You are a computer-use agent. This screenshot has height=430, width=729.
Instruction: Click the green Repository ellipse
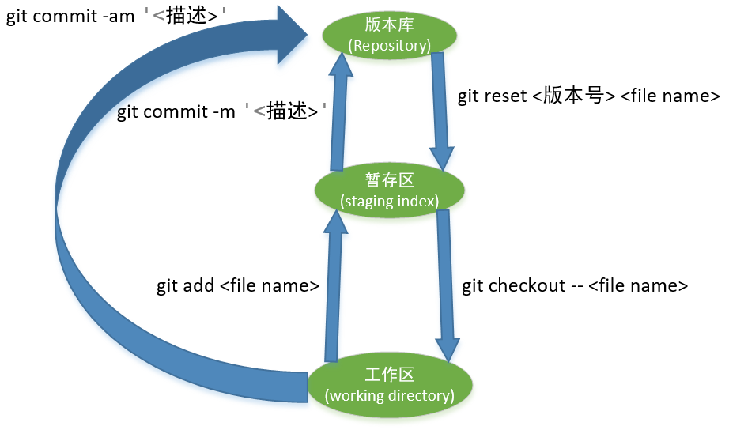tap(390, 36)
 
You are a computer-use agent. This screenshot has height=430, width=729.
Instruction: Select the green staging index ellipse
tap(389, 190)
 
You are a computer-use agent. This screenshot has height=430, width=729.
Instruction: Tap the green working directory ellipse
tap(389, 385)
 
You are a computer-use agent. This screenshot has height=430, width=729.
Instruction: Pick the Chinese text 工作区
tap(390, 375)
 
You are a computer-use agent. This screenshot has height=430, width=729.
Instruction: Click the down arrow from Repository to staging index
tap(440, 111)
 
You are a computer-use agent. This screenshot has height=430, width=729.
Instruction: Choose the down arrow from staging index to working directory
tap(446, 285)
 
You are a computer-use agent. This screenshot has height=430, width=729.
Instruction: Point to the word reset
tap(506, 96)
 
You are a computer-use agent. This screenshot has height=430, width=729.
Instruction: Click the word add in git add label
tap(198, 285)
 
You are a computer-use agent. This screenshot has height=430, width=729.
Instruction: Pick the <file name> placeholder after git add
tap(269, 285)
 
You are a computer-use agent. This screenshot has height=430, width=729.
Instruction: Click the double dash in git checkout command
tap(578, 285)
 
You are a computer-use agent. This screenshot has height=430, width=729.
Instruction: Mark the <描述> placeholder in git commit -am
tap(184, 17)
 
